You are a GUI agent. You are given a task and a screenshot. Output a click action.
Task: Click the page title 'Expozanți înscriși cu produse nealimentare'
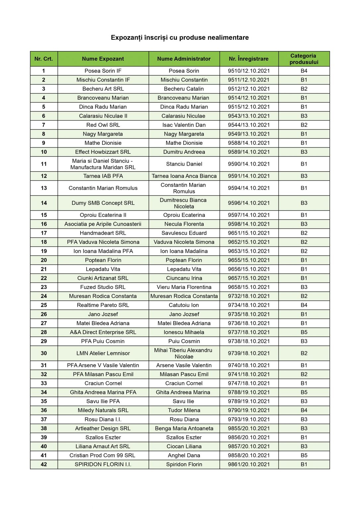point(180,37)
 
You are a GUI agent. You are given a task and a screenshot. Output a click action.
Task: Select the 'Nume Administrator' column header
point(184,59)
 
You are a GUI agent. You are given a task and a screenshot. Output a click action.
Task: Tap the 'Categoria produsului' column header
point(304,59)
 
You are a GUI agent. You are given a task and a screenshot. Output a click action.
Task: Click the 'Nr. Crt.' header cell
point(44,59)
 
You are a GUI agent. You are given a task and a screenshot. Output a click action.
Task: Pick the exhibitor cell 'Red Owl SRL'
point(103,125)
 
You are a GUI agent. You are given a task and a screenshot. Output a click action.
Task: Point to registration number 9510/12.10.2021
point(249,71)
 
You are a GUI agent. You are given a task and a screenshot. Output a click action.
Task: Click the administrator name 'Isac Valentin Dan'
point(184,125)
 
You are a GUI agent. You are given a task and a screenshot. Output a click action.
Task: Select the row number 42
point(44,464)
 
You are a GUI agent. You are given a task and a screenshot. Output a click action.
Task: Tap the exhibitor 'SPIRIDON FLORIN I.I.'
point(103,464)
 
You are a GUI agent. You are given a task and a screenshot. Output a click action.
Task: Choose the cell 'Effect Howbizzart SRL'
point(103,152)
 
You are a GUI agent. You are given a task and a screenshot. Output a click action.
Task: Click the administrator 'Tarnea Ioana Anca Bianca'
point(184,176)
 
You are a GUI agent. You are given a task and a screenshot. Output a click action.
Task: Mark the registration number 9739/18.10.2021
point(249,353)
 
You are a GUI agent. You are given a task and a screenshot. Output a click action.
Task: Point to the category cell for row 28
point(304,332)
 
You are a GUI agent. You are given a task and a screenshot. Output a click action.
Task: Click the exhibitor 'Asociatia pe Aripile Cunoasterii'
point(103,224)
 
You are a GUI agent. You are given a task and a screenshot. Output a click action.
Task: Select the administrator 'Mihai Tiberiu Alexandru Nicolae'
point(184,353)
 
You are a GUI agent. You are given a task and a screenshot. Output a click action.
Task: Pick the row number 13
point(44,188)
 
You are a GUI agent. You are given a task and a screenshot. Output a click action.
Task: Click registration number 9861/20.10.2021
point(249,464)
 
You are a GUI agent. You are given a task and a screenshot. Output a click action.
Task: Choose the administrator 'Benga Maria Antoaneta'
point(184,428)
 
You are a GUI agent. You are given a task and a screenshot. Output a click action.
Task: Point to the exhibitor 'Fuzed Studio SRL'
point(103,287)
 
